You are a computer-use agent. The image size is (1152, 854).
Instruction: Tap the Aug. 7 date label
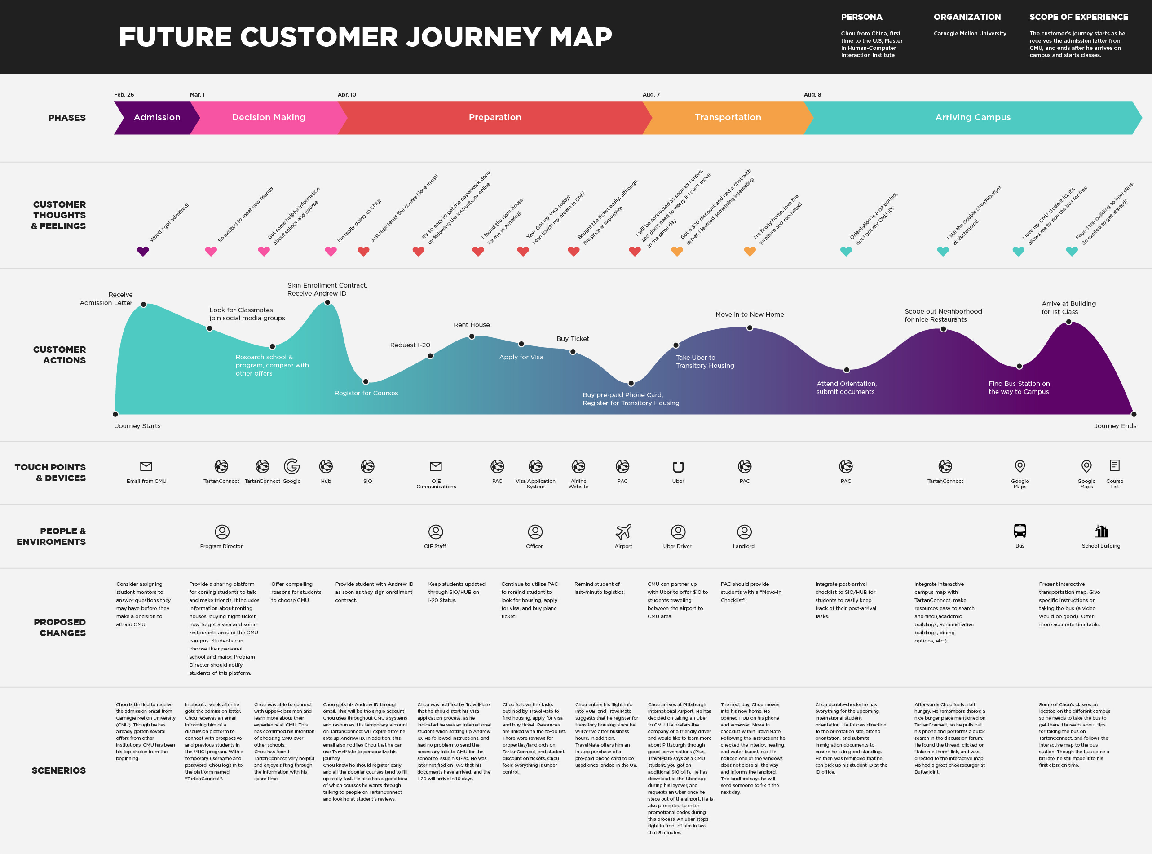(x=651, y=95)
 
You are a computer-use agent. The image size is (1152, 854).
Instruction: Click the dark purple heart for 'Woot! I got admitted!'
(x=143, y=251)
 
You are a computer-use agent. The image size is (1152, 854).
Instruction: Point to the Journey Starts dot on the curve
(x=115, y=414)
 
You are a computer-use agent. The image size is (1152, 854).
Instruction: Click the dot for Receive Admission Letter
(x=144, y=305)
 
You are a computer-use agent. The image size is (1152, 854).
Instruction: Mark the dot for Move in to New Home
(x=750, y=328)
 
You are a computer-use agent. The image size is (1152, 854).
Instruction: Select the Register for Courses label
(x=366, y=393)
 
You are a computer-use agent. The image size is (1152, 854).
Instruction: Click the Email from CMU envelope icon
(x=146, y=466)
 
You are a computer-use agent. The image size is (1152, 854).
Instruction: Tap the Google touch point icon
(x=291, y=466)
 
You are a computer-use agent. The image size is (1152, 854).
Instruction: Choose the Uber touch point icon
(x=678, y=467)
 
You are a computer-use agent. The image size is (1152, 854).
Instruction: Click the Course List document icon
(x=1114, y=465)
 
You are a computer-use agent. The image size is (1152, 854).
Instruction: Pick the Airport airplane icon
(x=623, y=531)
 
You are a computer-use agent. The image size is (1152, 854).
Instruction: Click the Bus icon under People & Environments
(x=1020, y=531)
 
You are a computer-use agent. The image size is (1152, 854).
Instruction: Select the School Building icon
(x=1101, y=531)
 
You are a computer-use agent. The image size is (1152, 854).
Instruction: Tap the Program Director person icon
(x=222, y=531)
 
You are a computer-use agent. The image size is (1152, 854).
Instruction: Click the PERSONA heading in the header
(x=861, y=17)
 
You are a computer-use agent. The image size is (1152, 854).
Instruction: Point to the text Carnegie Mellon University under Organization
(x=970, y=34)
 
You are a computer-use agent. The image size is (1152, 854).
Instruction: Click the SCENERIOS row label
(x=58, y=770)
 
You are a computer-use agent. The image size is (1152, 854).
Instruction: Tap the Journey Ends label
(x=1115, y=426)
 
